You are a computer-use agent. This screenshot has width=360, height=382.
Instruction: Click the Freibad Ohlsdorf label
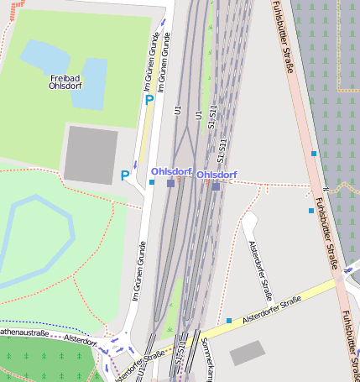pos(65,81)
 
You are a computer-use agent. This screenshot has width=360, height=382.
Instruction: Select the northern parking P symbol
pos(149,100)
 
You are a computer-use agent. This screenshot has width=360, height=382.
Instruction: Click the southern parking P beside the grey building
pos(125,175)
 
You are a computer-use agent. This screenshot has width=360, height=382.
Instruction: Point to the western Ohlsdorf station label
pos(171,171)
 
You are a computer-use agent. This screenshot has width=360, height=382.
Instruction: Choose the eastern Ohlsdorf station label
pos(217,175)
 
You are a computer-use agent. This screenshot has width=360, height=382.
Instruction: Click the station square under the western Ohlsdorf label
pos(171,183)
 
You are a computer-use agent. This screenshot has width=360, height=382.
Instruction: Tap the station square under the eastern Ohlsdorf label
pos(216,186)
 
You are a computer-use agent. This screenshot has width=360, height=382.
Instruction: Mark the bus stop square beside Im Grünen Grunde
pos(152,182)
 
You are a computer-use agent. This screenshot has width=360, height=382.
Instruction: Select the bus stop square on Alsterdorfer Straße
pos(229,320)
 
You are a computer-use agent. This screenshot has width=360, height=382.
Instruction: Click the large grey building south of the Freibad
pos(91,154)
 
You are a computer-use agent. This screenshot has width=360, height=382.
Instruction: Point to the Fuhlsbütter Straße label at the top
pos(286,34)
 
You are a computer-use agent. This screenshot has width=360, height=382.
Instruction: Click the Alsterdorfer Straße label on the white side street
pos(261,270)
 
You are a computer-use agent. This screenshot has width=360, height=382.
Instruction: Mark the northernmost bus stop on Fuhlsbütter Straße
pos(314,154)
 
